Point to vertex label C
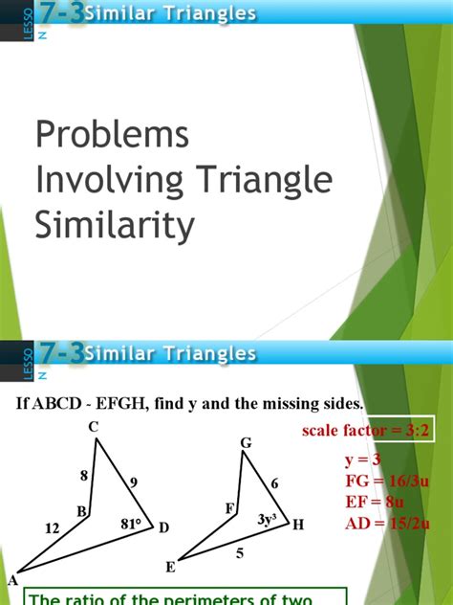(x=95, y=428)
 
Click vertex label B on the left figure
(x=82, y=512)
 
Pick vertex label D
(x=163, y=527)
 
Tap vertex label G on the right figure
(x=246, y=442)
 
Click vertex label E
(x=170, y=567)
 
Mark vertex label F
(x=229, y=509)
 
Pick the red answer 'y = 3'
(x=364, y=460)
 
